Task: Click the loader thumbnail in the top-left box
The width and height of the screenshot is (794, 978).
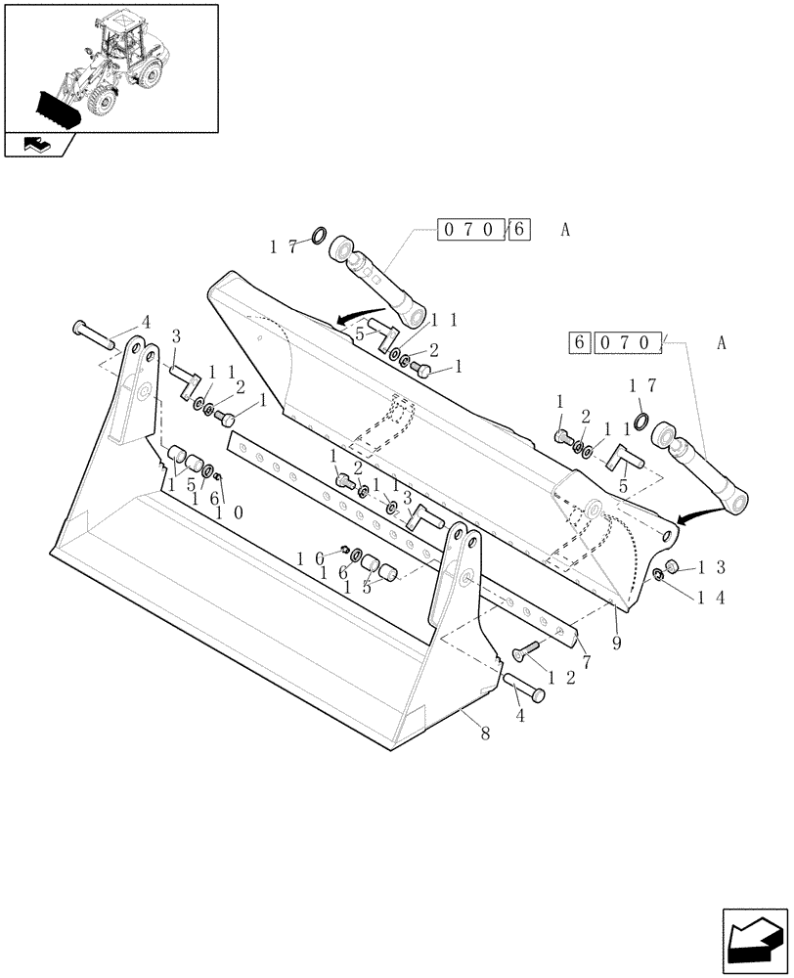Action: [x=110, y=68]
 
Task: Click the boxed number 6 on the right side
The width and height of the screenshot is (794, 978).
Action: [x=579, y=343]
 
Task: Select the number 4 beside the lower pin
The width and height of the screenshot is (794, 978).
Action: [x=519, y=715]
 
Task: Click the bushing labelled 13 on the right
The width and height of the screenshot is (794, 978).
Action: [x=673, y=567]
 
